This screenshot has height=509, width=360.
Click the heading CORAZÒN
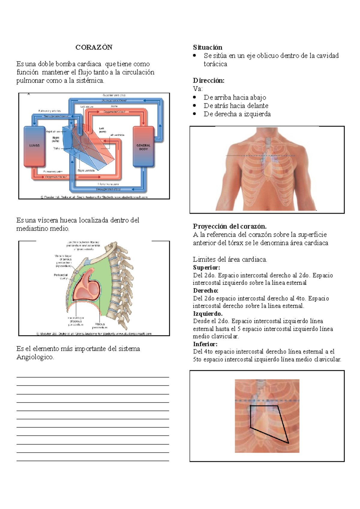pos(94,47)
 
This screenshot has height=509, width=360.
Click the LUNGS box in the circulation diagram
pos(34,146)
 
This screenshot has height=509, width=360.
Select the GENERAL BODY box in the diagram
pos(143,147)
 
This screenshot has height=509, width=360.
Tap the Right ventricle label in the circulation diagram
pos(86,170)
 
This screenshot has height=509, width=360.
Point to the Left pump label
pos(103,130)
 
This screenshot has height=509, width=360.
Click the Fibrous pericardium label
pos(100,326)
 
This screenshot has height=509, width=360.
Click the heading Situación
pos(208,47)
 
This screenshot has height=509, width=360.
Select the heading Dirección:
pos(208,81)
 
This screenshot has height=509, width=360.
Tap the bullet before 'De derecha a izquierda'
pos(195,114)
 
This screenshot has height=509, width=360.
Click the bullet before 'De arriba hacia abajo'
pos(195,97)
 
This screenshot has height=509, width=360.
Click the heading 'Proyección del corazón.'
pos(230,226)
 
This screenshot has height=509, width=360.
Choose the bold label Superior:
pos(206,267)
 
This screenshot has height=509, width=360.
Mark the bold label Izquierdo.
pos(208,314)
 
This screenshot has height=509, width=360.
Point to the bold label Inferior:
pos(205,344)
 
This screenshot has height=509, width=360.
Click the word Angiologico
pos(35,357)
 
